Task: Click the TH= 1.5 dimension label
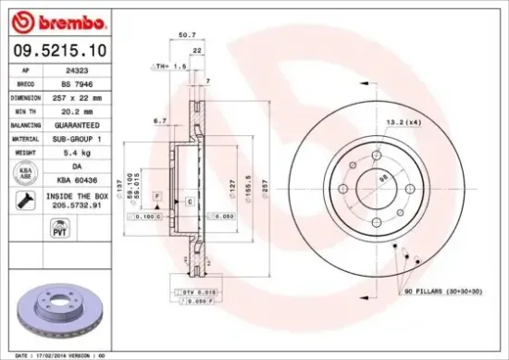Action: (169, 67)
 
